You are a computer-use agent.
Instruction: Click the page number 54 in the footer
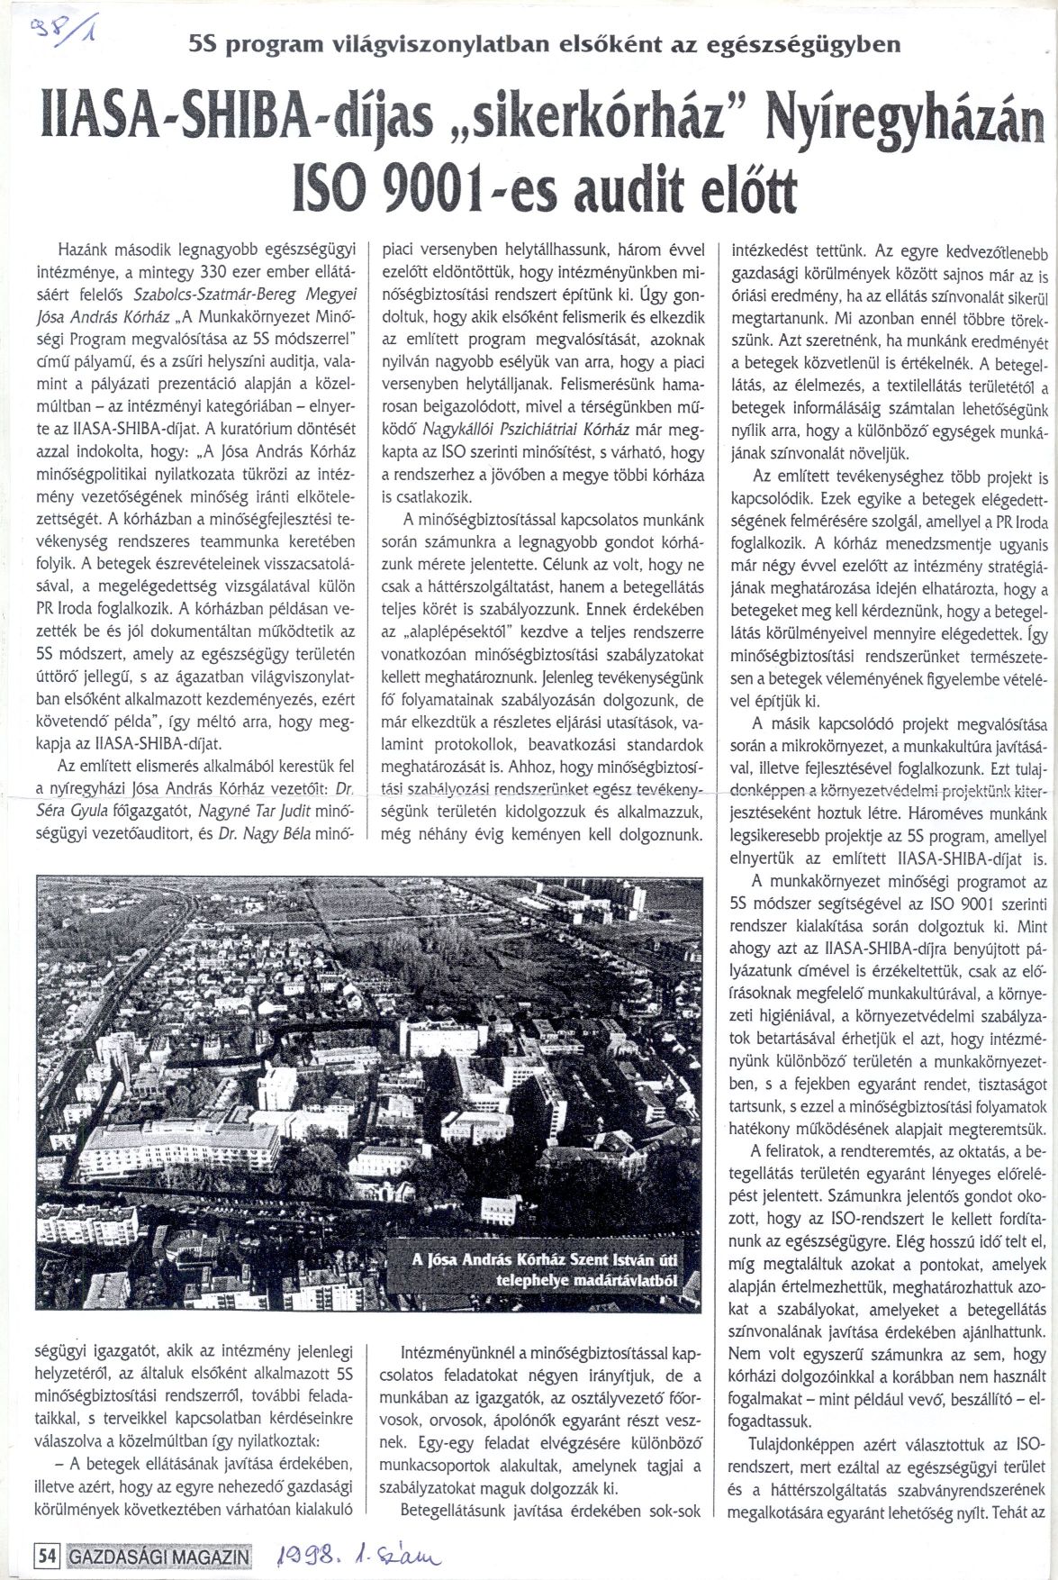pos(46,1555)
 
